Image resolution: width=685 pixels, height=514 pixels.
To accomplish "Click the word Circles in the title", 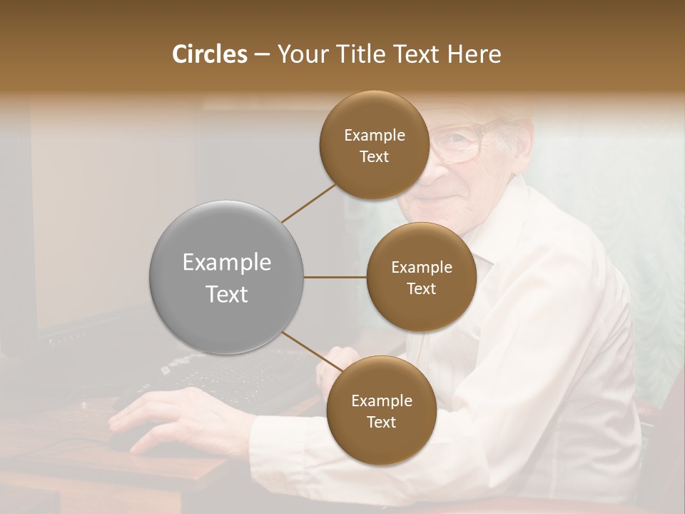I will click(210, 54).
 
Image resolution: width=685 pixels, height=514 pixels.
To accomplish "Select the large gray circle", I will click(227, 277).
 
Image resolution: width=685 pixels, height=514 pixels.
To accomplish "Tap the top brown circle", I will click(374, 145).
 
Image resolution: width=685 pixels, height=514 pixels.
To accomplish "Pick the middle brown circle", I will click(421, 277).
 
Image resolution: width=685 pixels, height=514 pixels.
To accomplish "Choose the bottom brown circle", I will click(381, 410).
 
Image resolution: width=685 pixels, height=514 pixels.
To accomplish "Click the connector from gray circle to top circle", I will click(308, 202).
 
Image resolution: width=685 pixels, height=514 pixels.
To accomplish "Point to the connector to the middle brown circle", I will click(335, 277).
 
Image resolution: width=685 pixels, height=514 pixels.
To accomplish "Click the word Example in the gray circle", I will click(227, 263).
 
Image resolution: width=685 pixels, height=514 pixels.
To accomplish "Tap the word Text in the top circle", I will click(374, 156).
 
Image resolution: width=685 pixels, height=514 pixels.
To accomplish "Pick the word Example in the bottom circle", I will click(381, 400).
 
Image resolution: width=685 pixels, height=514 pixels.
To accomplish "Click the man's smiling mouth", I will click(441, 199).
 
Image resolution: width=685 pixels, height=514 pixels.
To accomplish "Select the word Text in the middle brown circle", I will click(421, 288).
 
